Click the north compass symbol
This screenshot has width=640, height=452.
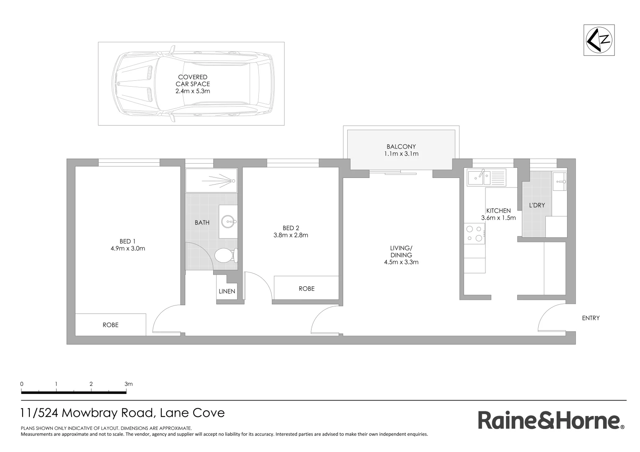599,40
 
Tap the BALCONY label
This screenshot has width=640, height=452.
401,146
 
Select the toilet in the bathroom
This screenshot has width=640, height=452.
224,255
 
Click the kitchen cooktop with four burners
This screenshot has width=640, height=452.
474,234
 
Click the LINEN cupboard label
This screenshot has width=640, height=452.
227,291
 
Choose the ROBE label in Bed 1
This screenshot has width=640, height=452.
111,325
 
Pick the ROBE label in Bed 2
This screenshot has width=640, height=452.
306,288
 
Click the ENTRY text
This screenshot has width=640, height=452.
591,318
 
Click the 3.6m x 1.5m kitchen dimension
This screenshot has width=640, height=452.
498,218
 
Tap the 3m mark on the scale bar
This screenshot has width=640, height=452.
128,384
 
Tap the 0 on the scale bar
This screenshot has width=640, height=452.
22,384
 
